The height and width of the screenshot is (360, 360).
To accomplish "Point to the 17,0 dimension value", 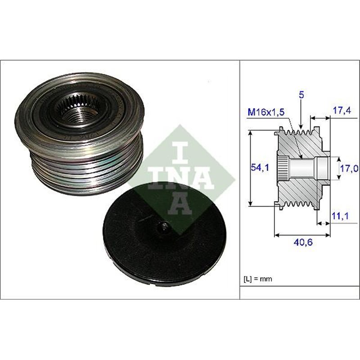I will point(349,168).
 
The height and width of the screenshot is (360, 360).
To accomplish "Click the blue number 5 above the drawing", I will point(301,95).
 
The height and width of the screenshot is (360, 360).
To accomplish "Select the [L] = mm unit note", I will point(259,279).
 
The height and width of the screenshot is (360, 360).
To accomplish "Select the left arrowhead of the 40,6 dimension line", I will point(276,234).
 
